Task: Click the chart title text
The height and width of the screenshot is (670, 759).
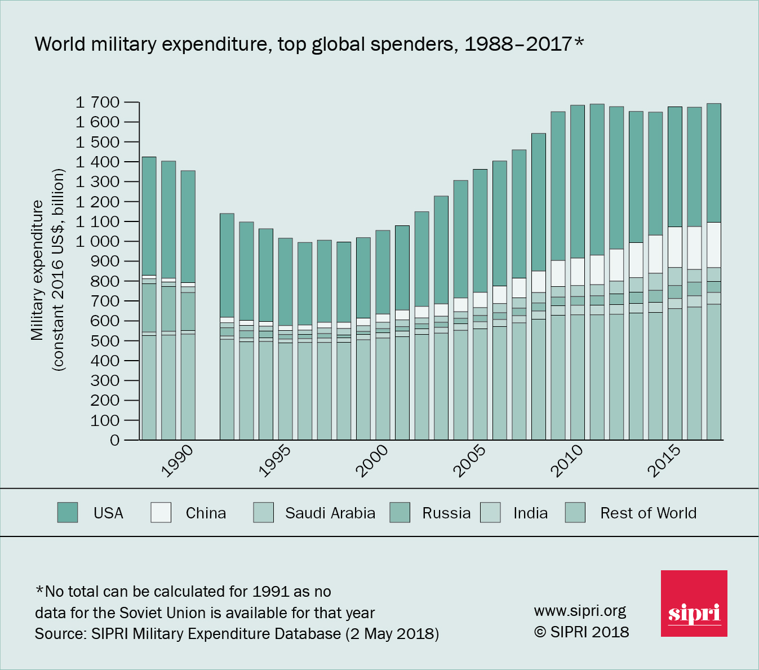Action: coord(309,44)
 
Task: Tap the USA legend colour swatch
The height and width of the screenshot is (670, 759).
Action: coord(68,513)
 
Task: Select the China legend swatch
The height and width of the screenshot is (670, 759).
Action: coord(161,513)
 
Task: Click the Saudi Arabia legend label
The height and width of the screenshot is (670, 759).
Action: coord(330,513)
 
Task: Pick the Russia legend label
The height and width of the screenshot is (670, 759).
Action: coord(446,513)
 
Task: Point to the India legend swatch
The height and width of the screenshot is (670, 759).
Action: coord(490,513)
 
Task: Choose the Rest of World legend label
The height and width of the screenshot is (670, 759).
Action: coord(648,513)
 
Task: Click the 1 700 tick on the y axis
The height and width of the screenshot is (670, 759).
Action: coord(97,102)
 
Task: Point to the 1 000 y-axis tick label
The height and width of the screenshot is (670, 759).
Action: coord(97,241)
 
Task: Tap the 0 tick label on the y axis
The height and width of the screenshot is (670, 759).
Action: coord(114,440)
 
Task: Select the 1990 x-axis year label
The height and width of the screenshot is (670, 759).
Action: coord(177,460)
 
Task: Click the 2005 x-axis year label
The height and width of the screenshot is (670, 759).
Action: coord(470,460)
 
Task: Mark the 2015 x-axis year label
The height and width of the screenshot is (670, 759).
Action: coord(664,460)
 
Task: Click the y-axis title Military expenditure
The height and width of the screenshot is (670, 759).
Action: coord(37,270)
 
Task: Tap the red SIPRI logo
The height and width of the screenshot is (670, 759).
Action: coord(694,604)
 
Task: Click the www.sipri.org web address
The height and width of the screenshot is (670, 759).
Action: coord(580,611)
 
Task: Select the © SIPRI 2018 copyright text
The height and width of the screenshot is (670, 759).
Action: coord(581,632)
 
